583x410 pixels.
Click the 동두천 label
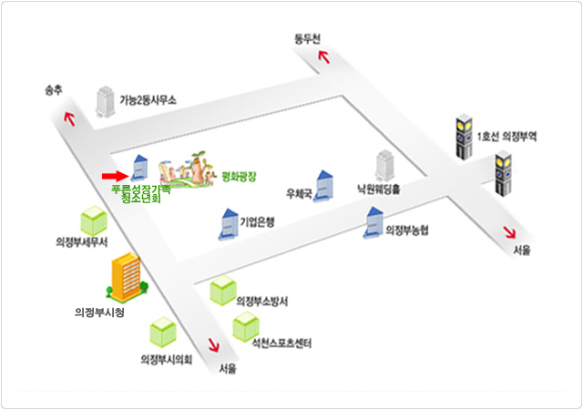pyautogui.click(x=308, y=38)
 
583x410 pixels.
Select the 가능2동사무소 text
pyautogui.click(x=148, y=99)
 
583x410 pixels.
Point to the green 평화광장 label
pyautogui.click(x=240, y=174)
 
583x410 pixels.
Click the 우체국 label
pyautogui.click(x=299, y=194)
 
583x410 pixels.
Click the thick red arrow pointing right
pyautogui.click(x=111, y=175)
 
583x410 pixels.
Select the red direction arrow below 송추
pyautogui.click(x=69, y=117)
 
